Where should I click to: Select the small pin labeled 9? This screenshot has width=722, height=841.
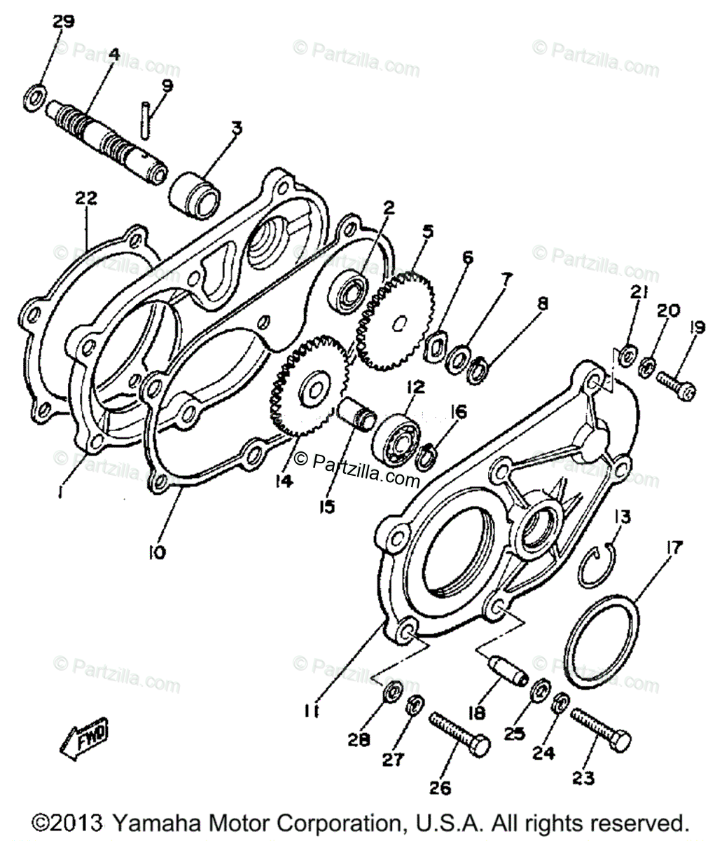click(x=145, y=120)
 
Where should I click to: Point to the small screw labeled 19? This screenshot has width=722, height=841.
click(x=676, y=385)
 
